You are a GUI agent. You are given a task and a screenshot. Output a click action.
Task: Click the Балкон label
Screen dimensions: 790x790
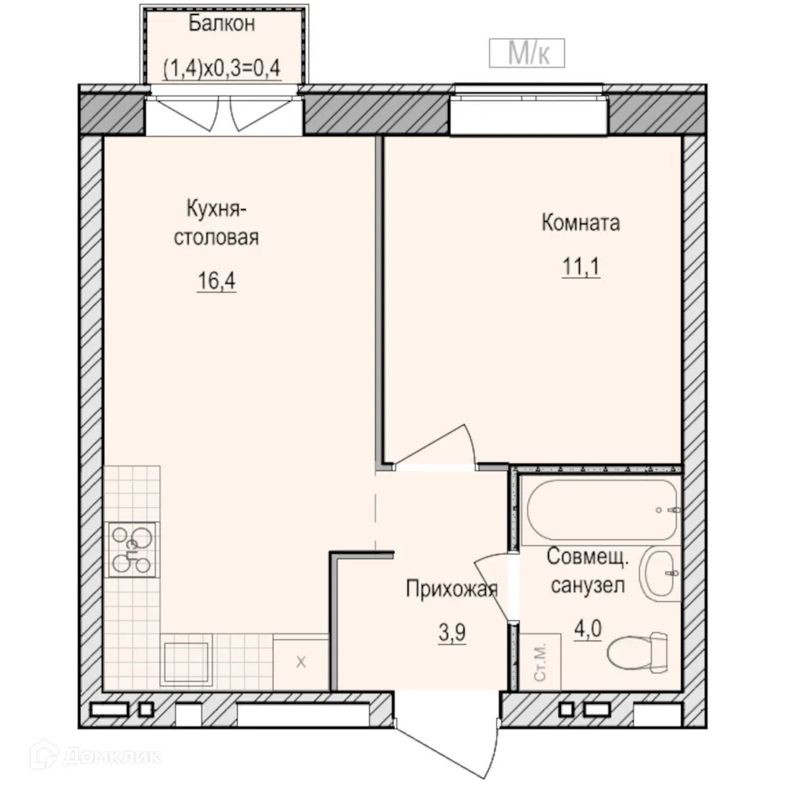[x=222, y=24]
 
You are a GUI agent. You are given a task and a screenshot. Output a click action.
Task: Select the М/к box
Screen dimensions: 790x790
[x=527, y=53]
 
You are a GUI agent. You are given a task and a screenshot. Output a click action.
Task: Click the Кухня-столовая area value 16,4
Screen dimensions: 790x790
[x=216, y=280]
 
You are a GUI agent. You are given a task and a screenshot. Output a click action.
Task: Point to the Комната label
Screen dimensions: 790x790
[x=581, y=223]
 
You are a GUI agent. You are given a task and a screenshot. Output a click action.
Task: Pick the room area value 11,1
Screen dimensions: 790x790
[x=581, y=266]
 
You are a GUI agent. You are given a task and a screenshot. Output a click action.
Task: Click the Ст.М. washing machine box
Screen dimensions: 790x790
[x=540, y=661]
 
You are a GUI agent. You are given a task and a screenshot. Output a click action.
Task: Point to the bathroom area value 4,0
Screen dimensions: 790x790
[x=588, y=630]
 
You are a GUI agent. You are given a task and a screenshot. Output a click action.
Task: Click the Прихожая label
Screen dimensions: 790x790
[x=452, y=589]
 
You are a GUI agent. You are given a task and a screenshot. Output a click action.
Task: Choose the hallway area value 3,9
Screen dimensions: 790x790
[x=452, y=633]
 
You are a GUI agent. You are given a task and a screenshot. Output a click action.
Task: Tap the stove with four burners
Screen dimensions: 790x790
[x=132, y=550]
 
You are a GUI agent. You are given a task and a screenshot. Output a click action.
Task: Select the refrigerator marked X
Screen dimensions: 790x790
[x=301, y=662]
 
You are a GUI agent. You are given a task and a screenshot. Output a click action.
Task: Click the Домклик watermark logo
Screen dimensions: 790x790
[x=96, y=756]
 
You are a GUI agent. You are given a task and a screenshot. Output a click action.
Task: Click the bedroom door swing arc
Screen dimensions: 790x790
[x=436, y=444]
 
